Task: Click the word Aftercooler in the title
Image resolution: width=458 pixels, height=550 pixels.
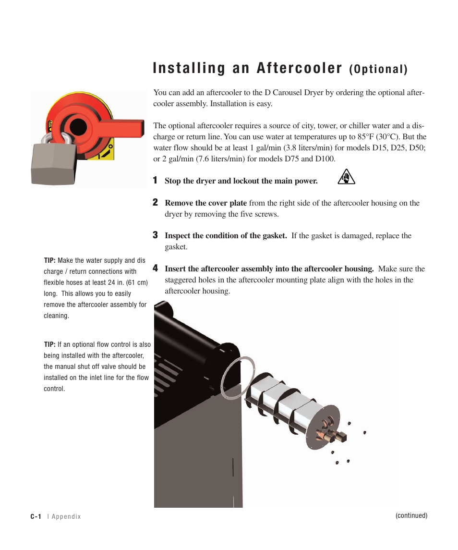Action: pos(300,69)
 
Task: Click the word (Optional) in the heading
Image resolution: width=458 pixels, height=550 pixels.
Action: pos(378,70)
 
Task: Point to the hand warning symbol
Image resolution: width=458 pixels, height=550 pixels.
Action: pos(346,177)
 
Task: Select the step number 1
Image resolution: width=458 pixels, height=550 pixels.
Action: pos(155,180)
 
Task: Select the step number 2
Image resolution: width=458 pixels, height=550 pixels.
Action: pos(155,202)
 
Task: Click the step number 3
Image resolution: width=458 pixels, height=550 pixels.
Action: pos(155,235)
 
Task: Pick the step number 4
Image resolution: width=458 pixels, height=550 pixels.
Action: pos(155,268)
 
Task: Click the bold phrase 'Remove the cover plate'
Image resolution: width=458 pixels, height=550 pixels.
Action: pos(206,203)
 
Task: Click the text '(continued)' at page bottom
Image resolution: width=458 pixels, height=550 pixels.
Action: pos(411,515)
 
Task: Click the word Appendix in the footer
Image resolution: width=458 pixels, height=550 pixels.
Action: pos(66,517)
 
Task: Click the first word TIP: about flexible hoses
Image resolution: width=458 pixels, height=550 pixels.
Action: pos(50,260)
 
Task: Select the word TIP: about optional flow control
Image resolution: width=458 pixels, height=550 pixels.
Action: pos(50,344)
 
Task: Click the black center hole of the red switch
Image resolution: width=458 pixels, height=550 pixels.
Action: pos(78,126)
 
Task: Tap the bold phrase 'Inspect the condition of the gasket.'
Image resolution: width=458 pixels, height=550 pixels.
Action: pos(226,236)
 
